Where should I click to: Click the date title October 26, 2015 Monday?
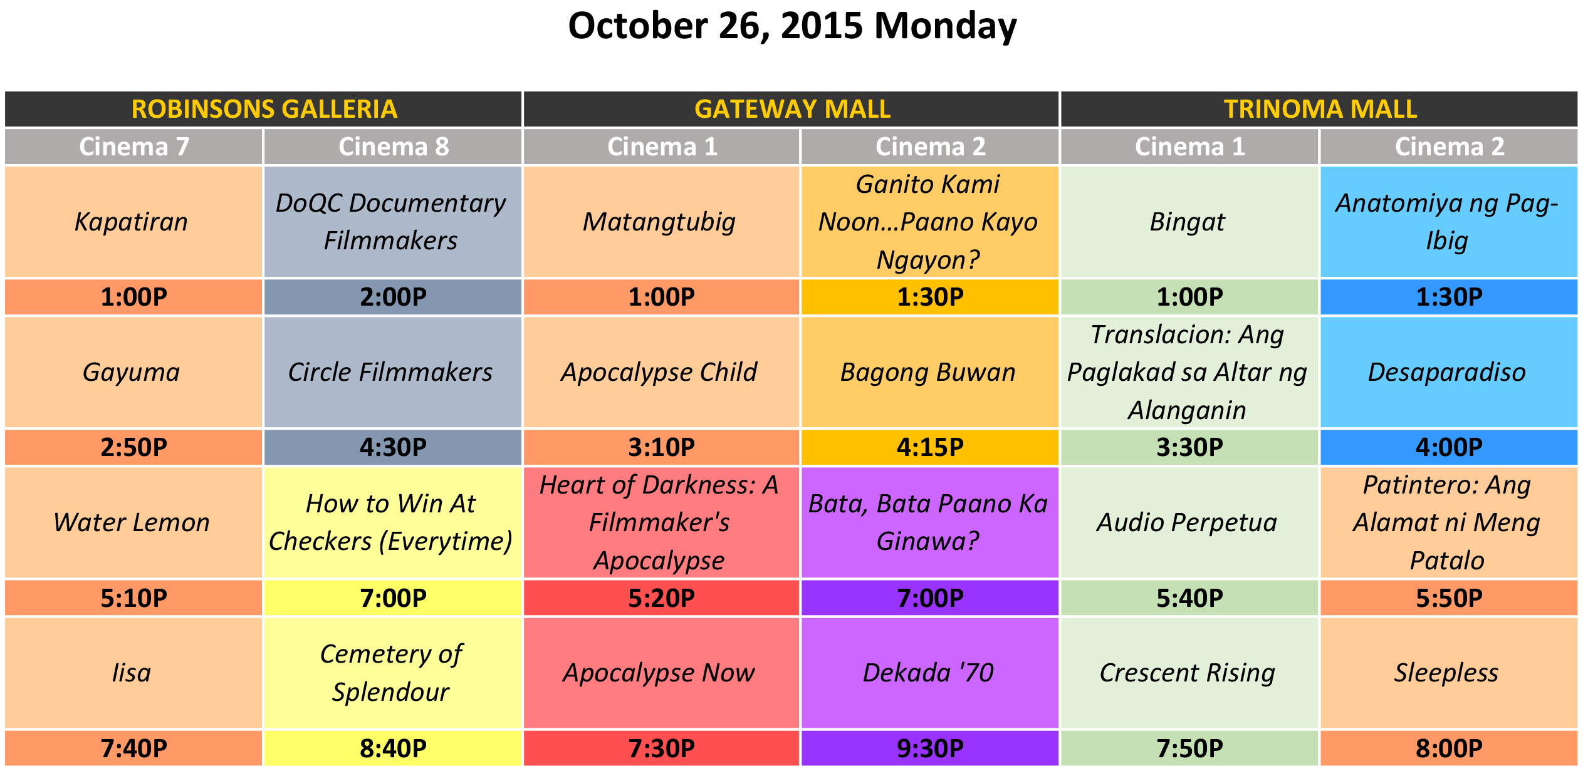click(792, 26)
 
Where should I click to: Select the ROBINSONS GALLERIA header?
click(264, 109)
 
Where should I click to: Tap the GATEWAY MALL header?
click(792, 109)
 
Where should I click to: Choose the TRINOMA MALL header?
click(1320, 109)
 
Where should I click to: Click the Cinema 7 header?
click(134, 147)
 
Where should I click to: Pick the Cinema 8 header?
click(394, 147)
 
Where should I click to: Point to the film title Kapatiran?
click(131, 222)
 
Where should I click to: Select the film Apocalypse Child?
click(659, 373)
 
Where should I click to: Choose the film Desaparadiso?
click(1447, 373)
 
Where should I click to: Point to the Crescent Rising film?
click(1188, 673)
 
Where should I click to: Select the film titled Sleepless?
click(1446, 673)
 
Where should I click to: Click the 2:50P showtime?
click(134, 447)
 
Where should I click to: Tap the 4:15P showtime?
click(930, 447)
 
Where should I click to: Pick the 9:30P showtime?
click(930, 748)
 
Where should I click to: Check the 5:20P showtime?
click(662, 598)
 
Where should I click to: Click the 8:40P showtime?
click(394, 748)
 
